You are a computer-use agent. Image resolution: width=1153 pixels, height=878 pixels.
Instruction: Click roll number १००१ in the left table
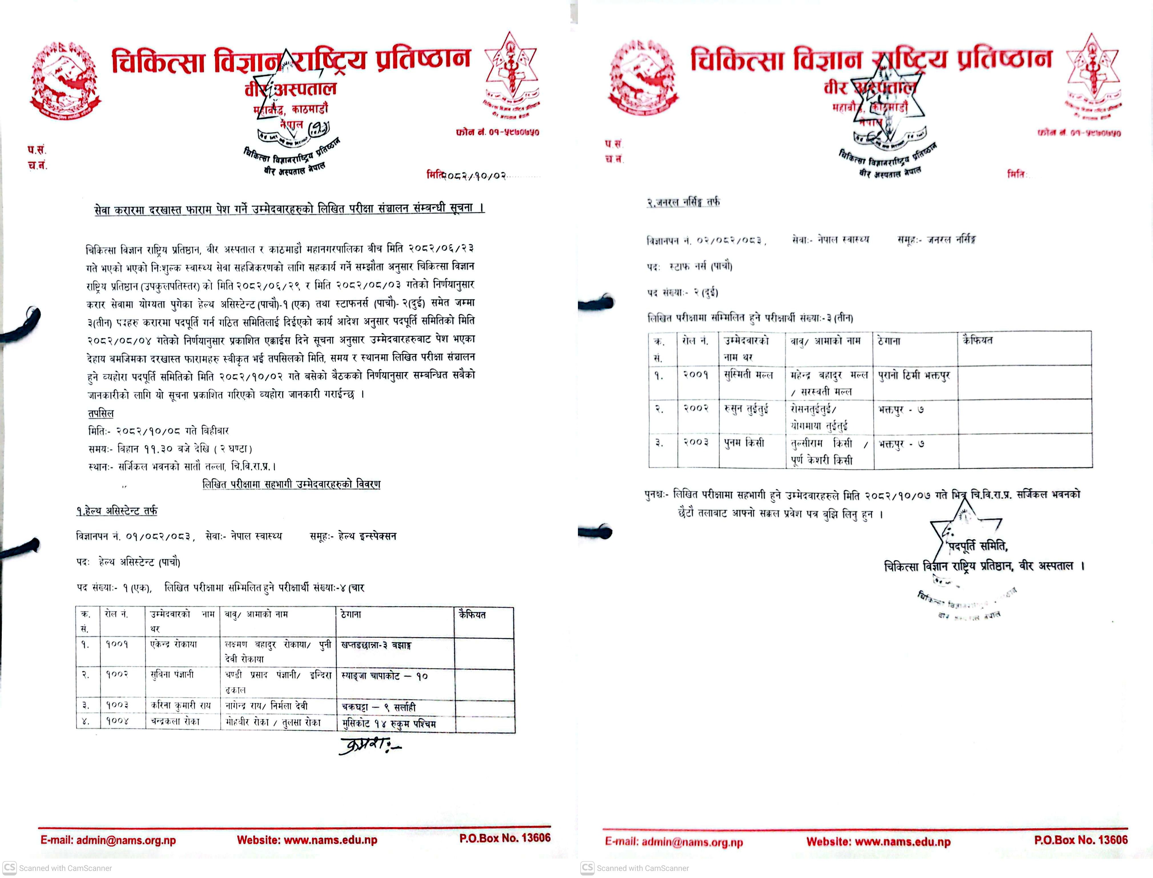click(x=117, y=645)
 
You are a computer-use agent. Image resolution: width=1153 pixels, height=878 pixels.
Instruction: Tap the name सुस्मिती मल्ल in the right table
click(x=748, y=375)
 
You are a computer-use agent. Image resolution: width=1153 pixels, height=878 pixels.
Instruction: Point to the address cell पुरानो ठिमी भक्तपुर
click(x=914, y=375)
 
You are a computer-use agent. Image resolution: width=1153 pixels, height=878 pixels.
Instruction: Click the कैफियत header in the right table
click(x=977, y=340)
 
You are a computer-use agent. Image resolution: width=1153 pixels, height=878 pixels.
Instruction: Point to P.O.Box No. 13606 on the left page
click(x=505, y=838)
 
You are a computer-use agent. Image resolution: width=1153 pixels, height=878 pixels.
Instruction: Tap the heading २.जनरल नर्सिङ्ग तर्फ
click(x=683, y=202)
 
